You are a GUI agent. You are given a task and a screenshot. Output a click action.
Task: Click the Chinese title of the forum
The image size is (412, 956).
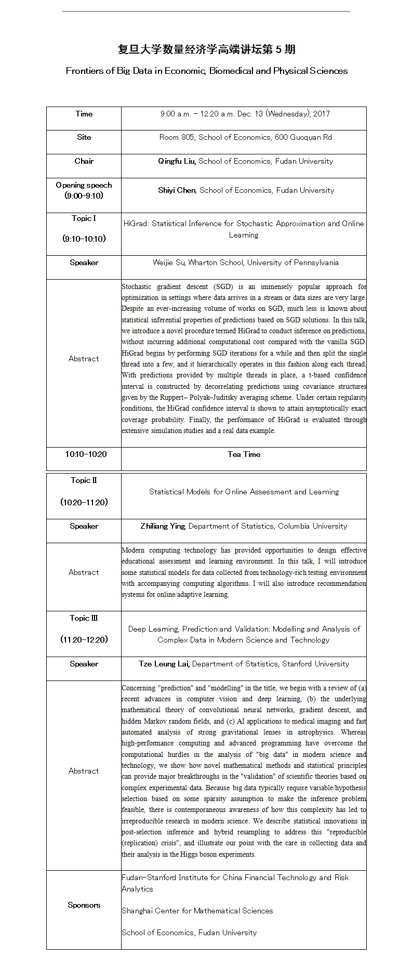[x=206, y=49]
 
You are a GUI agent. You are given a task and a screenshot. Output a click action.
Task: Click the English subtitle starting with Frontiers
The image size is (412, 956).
[x=206, y=71]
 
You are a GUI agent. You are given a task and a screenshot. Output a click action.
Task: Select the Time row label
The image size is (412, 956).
[x=84, y=114]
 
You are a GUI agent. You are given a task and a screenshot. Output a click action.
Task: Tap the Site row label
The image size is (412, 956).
[x=84, y=137]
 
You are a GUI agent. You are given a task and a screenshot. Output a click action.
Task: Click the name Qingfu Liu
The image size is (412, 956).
[x=177, y=161]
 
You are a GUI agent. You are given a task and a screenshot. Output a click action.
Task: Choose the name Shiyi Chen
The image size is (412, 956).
[x=177, y=190]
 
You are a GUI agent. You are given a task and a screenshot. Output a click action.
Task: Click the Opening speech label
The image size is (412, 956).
[x=84, y=185]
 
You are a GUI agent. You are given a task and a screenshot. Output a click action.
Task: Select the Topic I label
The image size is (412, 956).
[x=84, y=218]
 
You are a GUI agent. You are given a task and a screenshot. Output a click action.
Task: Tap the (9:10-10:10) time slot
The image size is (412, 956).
[x=84, y=239]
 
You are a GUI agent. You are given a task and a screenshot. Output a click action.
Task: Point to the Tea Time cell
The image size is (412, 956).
[x=244, y=454]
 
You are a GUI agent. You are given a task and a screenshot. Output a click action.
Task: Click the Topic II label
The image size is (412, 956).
[x=84, y=480]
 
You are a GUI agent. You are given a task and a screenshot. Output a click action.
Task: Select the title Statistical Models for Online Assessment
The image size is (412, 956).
[x=244, y=492]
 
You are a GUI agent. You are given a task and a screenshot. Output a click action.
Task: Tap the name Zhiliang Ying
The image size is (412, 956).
[x=163, y=526]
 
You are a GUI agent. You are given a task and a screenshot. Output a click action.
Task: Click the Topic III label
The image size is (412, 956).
[x=84, y=618]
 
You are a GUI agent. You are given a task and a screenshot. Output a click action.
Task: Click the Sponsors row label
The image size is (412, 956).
[x=84, y=905]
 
